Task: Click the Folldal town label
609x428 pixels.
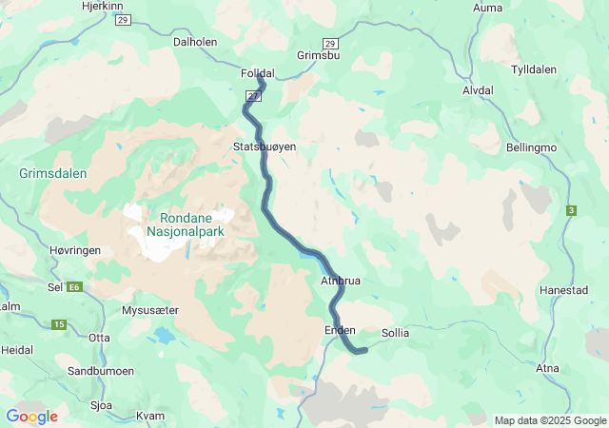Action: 258,73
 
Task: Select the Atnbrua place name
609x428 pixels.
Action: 341,282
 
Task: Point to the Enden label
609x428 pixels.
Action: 340,330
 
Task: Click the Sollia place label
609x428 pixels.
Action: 395,334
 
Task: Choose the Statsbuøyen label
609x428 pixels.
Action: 265,147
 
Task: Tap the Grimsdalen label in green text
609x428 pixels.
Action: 52,174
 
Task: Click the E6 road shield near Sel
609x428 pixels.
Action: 72,286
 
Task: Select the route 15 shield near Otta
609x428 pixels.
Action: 58,325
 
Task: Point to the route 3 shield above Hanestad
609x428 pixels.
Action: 571,210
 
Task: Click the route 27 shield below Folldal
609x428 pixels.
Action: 253,96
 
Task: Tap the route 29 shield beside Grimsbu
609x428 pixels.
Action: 329,44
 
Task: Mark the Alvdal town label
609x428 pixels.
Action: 478,90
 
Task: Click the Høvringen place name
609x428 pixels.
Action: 73,249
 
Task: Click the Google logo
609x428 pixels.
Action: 31,417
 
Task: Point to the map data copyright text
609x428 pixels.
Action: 550,420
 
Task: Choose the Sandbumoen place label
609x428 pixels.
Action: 101,370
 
